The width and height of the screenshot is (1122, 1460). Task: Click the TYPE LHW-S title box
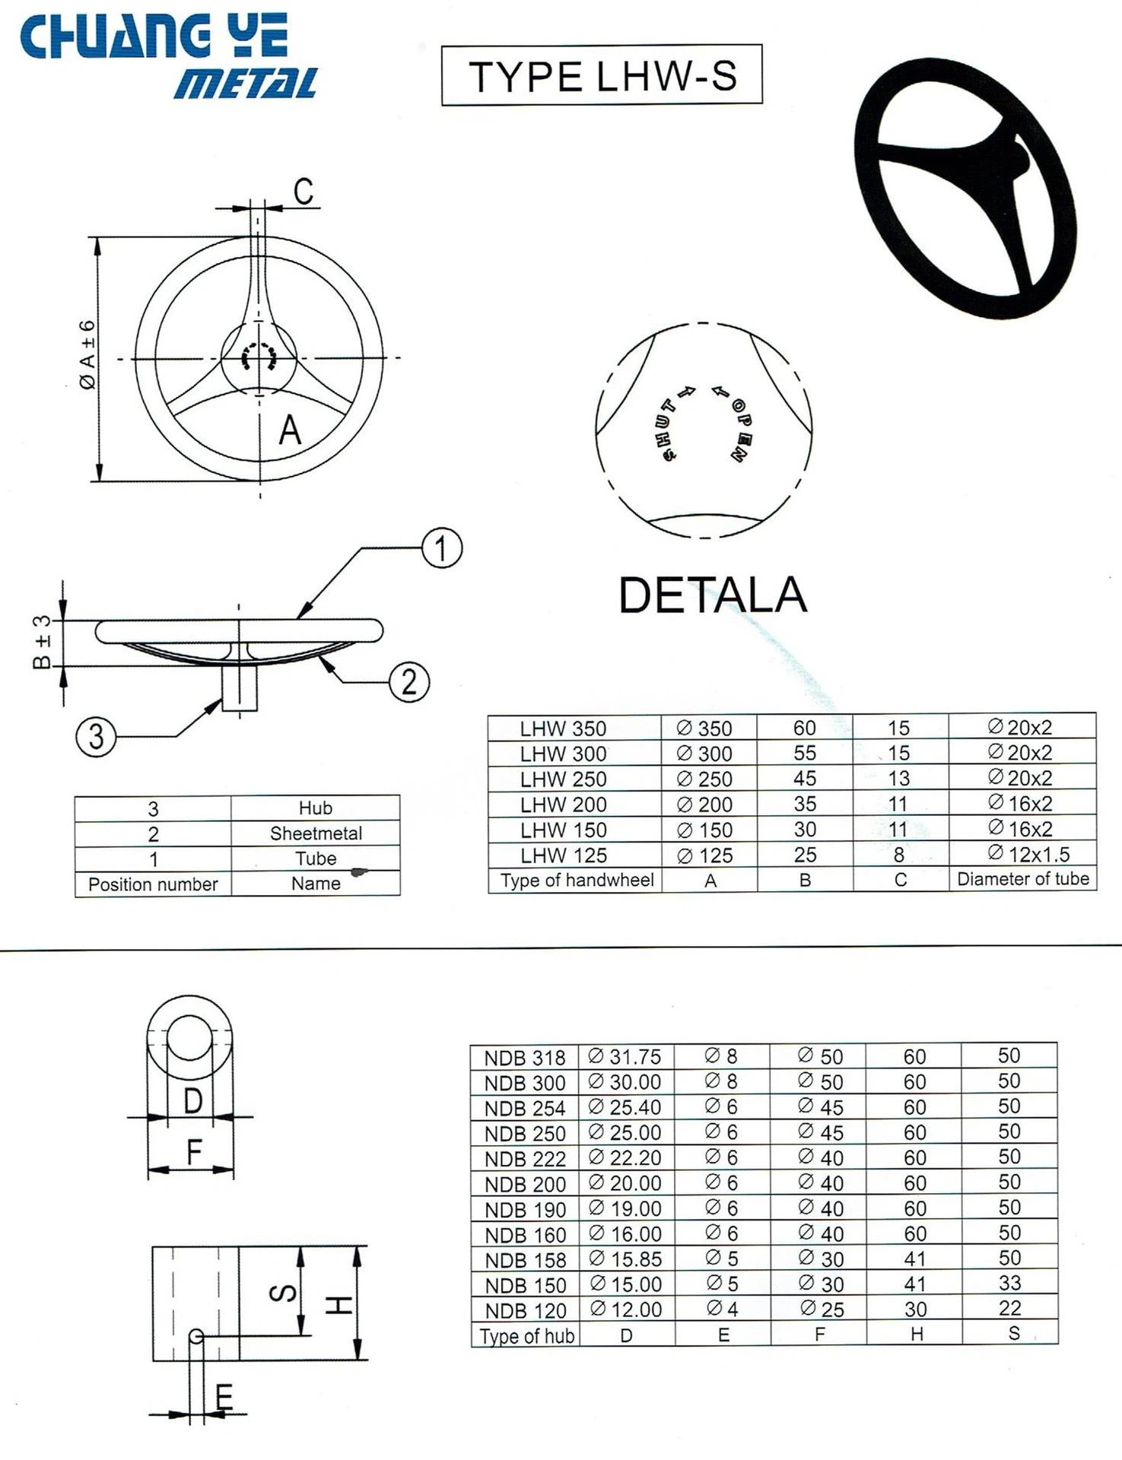(602, 75)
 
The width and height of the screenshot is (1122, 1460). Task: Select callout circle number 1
(442, 548)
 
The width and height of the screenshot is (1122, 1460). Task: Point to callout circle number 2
(409, 681)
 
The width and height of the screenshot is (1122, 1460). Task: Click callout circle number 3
(96, 736)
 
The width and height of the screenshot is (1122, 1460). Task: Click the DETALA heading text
(712, 595)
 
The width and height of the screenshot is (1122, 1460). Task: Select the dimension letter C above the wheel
(303, 191)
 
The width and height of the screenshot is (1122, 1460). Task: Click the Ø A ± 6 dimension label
(88, 355)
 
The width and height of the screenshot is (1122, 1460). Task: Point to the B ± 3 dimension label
(43, 643)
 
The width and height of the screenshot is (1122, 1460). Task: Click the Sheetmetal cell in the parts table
(316, 833)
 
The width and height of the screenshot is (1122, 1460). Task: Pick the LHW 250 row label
(563, 779)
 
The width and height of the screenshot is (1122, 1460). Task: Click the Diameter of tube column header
(1022, 879)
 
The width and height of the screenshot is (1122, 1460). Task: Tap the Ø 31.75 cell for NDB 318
(625, 1057)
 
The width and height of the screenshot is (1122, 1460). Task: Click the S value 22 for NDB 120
(1009, 1309)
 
